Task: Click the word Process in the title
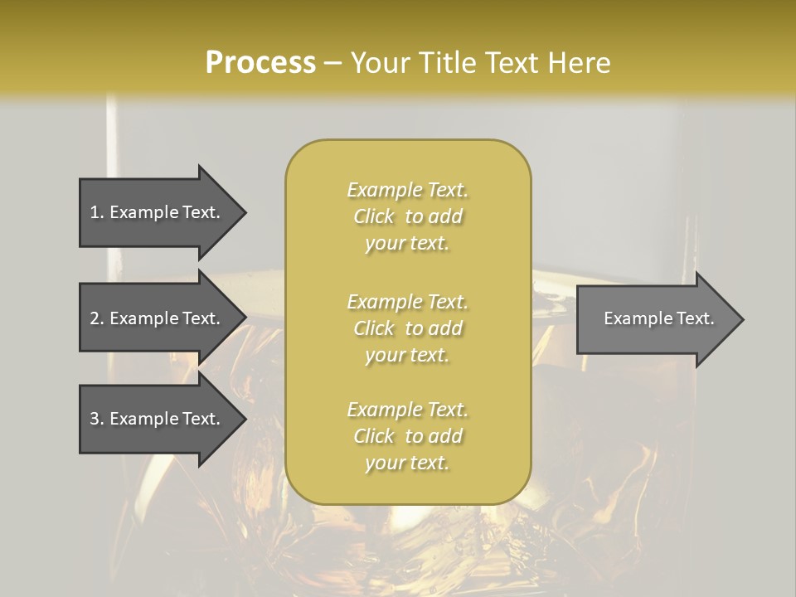tap(260, 63)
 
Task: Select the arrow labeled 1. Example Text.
tap(163, 213)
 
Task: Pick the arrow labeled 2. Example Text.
tap(163, 318)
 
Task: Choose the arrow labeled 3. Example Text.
tap(163, 419)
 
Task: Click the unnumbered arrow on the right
tap(661, 319)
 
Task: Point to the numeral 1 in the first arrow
tap(94, 212)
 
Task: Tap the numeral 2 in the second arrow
tap(95, 318)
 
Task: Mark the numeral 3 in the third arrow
tap(95, 419)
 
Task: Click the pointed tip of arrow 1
tap(247, 213)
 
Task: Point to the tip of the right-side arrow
tap(745, 319)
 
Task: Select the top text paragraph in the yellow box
tap(408, 216)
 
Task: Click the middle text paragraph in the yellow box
tap(408, 328)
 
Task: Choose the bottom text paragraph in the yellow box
tap(408, 436)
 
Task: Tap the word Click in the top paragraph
tap(374, 216)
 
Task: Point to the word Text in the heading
tap(512, 63)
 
